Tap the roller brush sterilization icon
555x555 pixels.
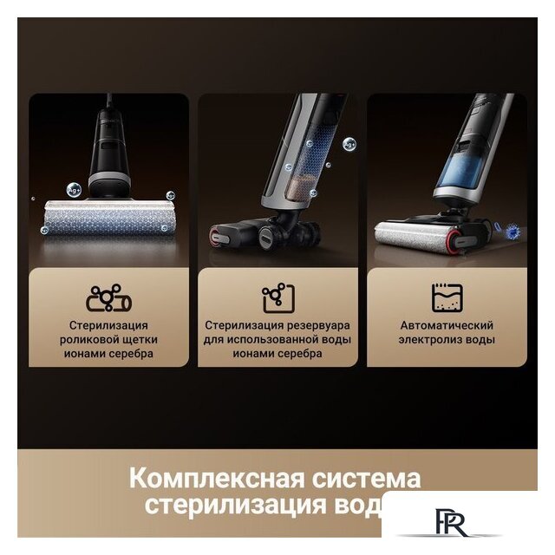coord(109,299)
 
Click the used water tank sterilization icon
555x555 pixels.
coord(278,298)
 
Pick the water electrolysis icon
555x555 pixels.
coord(447,298)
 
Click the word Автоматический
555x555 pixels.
coord(447,326)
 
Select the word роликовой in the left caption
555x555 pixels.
coord(86,340)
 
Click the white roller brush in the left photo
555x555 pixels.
coord(108,216)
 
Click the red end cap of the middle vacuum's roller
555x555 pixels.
coord(214,235)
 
